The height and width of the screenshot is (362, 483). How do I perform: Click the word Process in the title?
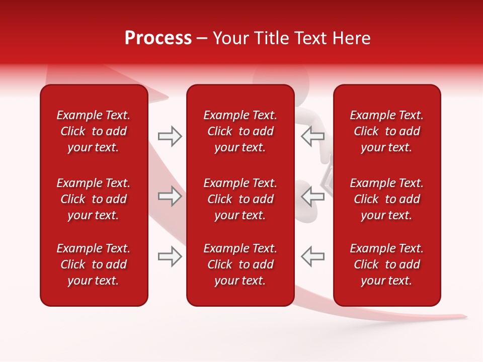[158, 38]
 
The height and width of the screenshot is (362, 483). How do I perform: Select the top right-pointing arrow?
[170, 136]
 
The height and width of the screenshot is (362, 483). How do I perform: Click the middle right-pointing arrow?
[170, 196]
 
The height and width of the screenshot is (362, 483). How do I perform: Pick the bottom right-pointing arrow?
[170, 256]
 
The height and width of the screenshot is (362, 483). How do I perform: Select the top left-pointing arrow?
[312, 136]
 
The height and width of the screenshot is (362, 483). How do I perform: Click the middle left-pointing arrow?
[312, 196]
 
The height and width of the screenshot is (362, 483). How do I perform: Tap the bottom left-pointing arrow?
[312, 256]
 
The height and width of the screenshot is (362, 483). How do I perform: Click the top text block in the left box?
[94, 131]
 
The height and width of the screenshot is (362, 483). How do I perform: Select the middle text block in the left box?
[94, 199]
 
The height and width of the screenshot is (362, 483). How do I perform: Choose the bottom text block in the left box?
[94, 264]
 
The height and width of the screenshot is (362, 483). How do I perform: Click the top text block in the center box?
[240, 131]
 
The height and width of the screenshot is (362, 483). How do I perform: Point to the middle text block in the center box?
[240, 199]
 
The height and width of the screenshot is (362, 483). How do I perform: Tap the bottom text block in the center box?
[240, 264]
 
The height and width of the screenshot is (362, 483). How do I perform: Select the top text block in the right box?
[387, 131]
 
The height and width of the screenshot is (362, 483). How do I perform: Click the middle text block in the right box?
[387, 199]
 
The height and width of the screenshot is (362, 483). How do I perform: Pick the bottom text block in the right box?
[387, 264]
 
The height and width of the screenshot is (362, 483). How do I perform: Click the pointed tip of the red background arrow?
[465, 317]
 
